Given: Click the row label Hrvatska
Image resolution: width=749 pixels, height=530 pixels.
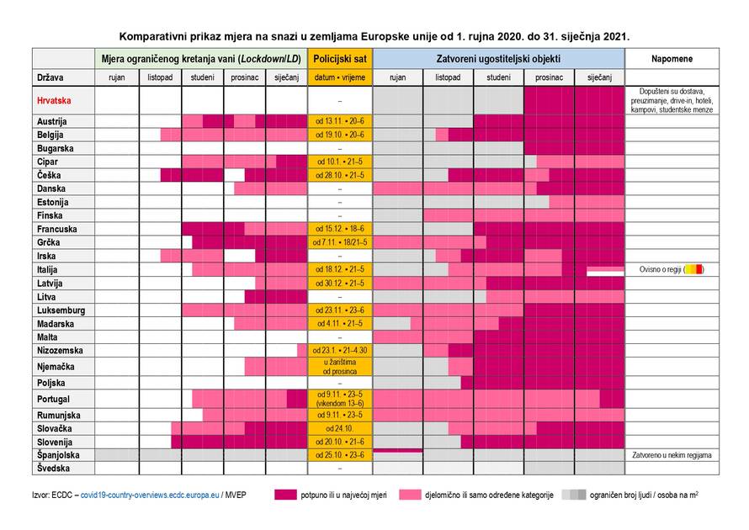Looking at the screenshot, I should (x=54, y=100).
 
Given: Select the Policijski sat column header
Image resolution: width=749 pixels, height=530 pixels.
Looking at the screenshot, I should (x=340, y=59).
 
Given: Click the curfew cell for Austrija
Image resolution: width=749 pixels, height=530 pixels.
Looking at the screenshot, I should (x=340, y=121).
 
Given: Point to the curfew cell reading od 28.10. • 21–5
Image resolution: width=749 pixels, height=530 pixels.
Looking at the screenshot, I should (x=340, y=175).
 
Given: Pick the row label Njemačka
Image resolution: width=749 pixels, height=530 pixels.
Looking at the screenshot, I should (x=56, y=367).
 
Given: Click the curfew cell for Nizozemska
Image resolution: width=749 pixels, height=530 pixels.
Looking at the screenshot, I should (x=340, y=350).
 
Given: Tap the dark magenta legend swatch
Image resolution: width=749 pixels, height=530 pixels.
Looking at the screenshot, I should (x=285, y=495).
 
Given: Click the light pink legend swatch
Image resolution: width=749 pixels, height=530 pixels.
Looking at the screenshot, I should (x=410, y=495).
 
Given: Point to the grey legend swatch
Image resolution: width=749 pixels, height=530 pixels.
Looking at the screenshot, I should (x=573, y=495).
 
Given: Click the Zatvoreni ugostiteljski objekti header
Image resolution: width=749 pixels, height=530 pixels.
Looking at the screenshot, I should (x=498, y=59).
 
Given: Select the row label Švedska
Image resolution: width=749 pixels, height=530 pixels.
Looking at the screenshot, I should (x=53, y=468).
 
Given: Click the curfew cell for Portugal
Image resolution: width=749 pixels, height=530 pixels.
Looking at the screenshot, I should (x=340, y=398).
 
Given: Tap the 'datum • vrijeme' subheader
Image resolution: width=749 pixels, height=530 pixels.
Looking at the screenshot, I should (x=340, y=77).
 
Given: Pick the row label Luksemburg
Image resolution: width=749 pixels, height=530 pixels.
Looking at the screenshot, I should (x=61, y=310).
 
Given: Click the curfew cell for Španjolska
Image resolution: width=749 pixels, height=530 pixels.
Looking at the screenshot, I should (x=340, y=455).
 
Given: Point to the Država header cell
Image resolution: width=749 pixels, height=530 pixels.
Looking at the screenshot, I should (x=50, y=77).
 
